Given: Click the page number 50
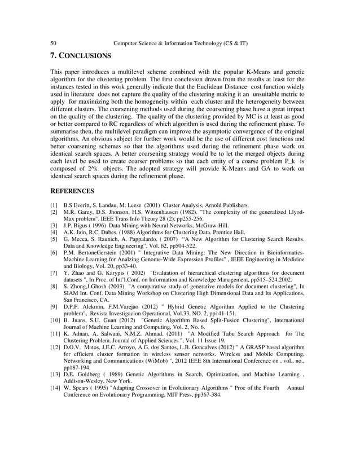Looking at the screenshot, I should coord(54,43).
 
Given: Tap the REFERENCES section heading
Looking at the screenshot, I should coord(72,191).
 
